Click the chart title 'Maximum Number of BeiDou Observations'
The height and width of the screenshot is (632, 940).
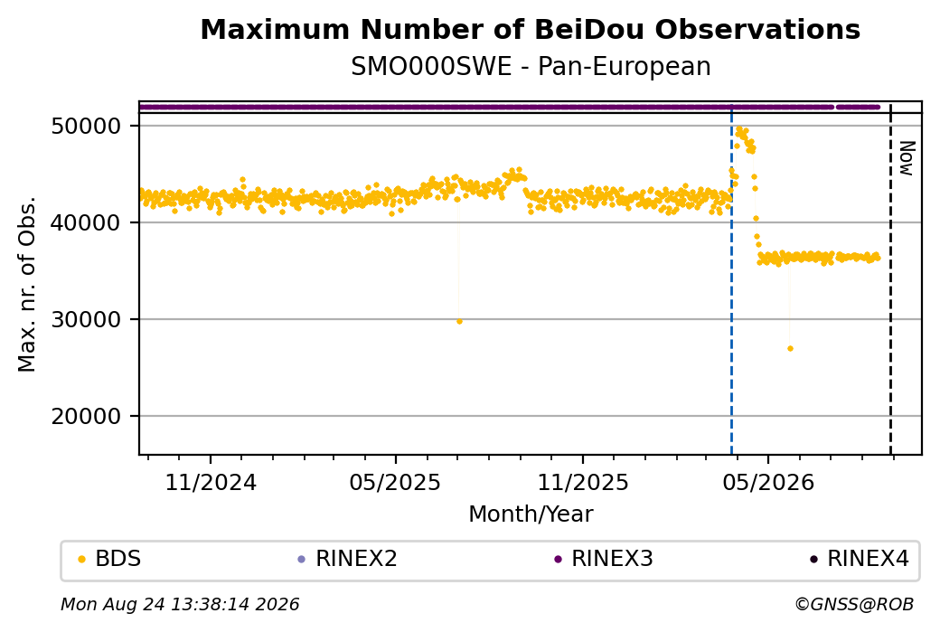pyautogui.click(x=530, y=29)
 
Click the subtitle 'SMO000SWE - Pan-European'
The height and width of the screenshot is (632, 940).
pyautogui.click(x=531, y=67)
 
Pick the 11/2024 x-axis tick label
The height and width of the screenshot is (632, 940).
pyautogui.click(x=211, y=483)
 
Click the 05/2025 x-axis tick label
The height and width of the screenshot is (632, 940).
pyautogui.click(x=395, y=483)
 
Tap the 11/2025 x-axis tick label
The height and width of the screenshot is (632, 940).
pyautogui.click(x=583, y=483)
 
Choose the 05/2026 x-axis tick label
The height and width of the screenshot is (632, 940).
pyautogui.click(x=768, y=483)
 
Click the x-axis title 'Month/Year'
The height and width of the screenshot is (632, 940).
pyautogui.click(x=531, y=514)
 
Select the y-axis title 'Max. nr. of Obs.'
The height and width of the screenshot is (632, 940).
pyautogui.click(x=26, y=284)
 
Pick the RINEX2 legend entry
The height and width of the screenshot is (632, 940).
pyautogui.click(x=348, y=559)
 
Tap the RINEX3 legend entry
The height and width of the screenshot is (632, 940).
pyautogui.click(x=604, y=559)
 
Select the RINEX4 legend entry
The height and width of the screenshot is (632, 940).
pyautogui.click(x=860, y=559)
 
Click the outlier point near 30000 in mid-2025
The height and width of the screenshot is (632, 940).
pyautogui.click(x=459, y=321)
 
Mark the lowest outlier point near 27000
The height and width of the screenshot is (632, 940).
pyautogui.click(x=790, y=348)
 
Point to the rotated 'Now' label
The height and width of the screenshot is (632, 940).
pyautogui.click(x=907, y=158)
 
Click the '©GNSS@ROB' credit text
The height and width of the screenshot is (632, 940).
pyautogui.click(x=854, y=604)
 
